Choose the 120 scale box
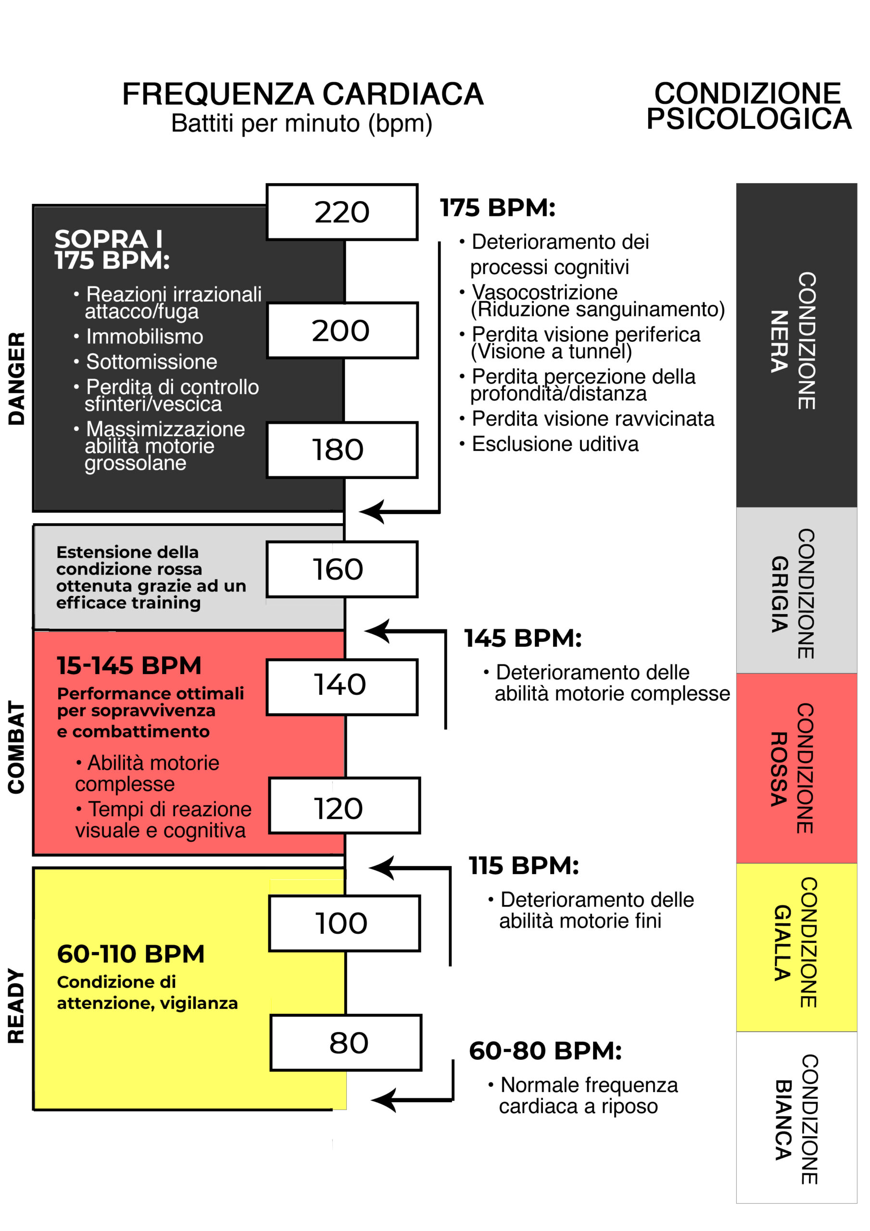(344, 805)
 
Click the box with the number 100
(344, 923)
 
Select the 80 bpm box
(346, 1043)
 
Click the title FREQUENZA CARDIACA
(303, 94)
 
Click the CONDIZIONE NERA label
(794, 341)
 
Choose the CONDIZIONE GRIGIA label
(794, 594)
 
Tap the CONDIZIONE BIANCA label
(796, 1119)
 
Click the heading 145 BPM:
(523, 639)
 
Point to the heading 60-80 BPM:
(545, 1051)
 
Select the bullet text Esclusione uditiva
(555, 444)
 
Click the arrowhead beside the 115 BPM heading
(382, 867)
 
